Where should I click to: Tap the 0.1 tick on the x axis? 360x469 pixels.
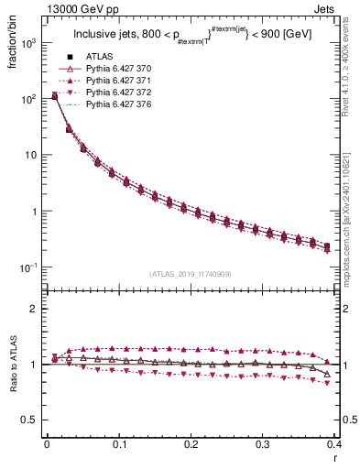click(x=119, y=444)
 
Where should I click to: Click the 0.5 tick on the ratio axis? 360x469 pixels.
click(x=31, y=420)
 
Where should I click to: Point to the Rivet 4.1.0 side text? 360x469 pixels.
click(x=349, y=73)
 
